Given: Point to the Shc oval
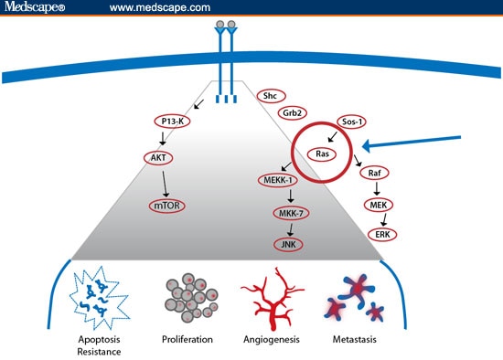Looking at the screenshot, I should pyautogui.click(x=269, y=95).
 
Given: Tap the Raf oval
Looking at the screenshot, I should pyautogui.click(x=374, y=173).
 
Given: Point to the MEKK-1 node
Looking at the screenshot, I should pyautogui.click(x=274, y=182).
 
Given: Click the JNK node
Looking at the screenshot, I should pyautogui.click(x=291, y=244).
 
